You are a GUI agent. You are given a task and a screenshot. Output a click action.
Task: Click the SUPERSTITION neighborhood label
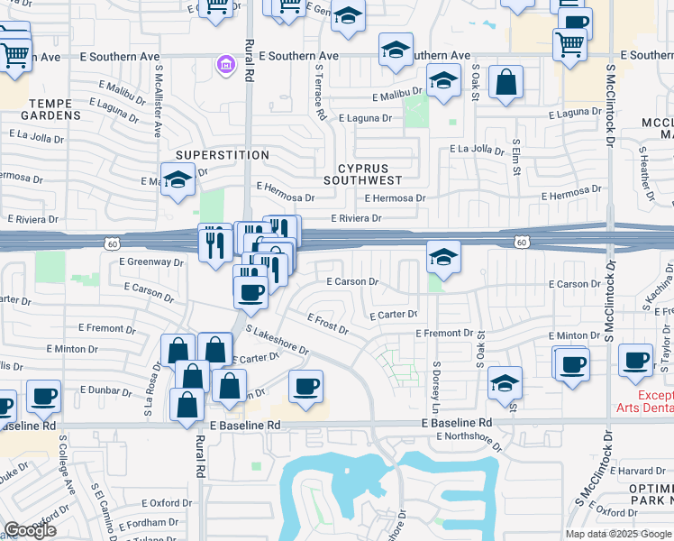[222, 155]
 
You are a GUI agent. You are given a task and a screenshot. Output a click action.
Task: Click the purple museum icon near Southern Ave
[224, 64]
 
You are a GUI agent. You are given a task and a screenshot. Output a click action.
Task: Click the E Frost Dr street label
[328, 325]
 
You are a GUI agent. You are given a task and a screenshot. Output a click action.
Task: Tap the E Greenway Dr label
[151, 262]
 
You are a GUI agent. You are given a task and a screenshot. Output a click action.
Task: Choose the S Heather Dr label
[645, 174]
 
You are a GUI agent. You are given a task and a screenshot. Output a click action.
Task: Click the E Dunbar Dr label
[106, 390]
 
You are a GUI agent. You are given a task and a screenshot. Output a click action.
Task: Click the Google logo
[30, 529]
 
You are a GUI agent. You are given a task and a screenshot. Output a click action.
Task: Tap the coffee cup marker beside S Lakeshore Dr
[305, 386]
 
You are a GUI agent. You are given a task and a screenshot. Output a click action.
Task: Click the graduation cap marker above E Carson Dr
[442, 258]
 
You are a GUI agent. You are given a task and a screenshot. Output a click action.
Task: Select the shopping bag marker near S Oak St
[506, 82]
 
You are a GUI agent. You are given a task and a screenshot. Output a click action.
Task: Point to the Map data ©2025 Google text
[618, 534]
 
